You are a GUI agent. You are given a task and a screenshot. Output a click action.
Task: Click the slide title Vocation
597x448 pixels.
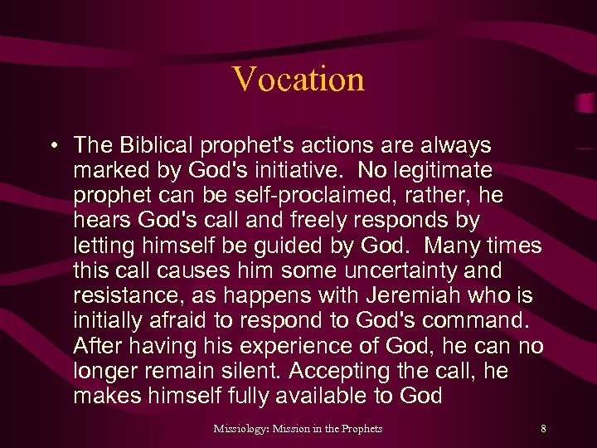pyautogui.click(x=298, y=80)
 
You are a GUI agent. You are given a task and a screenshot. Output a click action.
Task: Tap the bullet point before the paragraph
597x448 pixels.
pyautogui.click(x=52, y=147)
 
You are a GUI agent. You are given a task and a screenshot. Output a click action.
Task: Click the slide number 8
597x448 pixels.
pyautogui.click(x=543, y=429)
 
